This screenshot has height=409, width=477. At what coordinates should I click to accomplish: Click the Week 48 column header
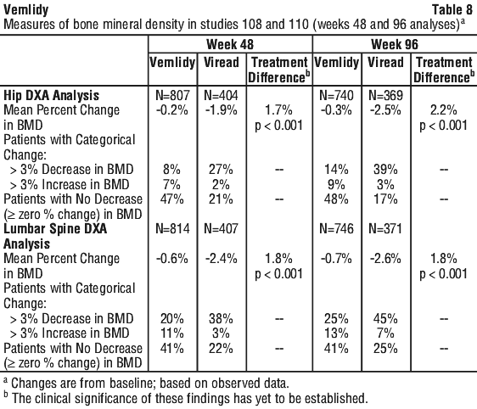click(x=230, y=44)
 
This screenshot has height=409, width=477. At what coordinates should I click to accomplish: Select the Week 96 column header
click(x=395, y=44)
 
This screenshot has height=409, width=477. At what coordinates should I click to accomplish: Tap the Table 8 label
click(x=452, y=9)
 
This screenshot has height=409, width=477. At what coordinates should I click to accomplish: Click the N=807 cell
click(x=172, y=96)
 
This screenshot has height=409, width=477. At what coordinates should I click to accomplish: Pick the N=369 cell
click(x=385, y=96)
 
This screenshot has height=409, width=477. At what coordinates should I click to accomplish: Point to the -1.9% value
click(x=222, y=110)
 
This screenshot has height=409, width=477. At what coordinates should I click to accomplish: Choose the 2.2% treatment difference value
click(x=444, y=110)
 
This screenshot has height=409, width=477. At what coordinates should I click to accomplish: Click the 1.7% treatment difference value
click(x=278, y=110)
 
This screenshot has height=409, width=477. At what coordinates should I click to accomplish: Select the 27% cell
click(x=221, y=170)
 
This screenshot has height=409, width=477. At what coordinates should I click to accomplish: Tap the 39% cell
click(x=385, y=170)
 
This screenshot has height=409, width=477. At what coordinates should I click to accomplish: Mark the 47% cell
click(x=172, y=199)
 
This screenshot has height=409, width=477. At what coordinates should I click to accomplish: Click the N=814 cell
click(x=172, y=228)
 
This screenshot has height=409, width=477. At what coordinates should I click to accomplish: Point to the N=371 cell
click(x=385, y=228)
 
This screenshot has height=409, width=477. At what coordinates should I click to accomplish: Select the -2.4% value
click(x=222, y=259)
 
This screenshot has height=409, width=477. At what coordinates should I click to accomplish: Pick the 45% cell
click(x=385, y=319)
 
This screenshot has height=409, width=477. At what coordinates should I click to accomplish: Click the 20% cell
click(x=172, y=319)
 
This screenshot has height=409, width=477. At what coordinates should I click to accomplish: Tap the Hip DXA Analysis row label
click(x=52, y=96)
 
